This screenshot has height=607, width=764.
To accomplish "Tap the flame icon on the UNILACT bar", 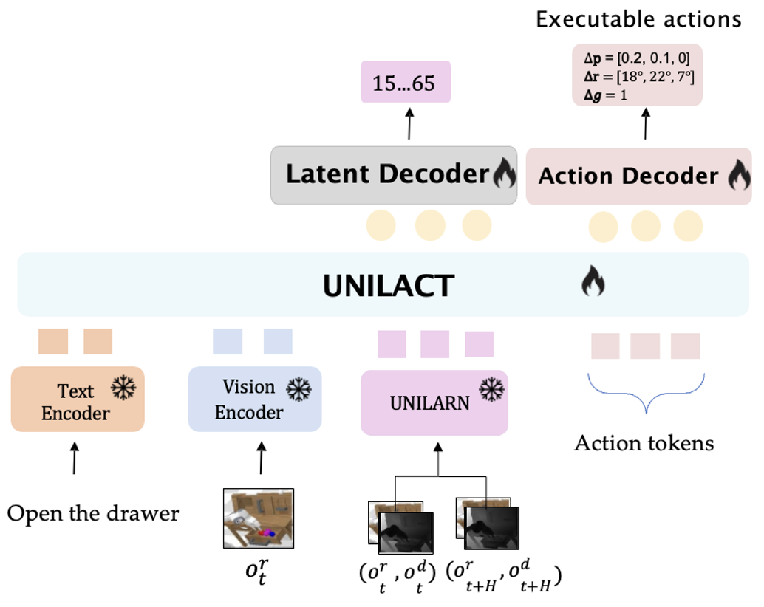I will (x=593, y=281).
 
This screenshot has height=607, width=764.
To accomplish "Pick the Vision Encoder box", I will (x=254, y=399).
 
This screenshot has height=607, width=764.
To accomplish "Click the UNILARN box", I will (x=434, y=403).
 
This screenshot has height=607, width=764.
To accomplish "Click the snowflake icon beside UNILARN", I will (x=491, y=388).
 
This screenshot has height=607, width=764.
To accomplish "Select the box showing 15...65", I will (x=405, y=83).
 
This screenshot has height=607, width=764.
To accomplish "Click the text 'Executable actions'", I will (x=638, y=19).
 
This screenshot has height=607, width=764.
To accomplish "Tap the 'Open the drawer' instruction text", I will (x=93, y=512).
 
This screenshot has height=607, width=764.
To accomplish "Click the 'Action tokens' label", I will (x=644, y=442).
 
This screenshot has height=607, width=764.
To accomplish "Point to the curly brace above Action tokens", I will (x=646, y=392).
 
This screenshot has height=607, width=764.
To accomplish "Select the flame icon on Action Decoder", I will (x=739, y=176).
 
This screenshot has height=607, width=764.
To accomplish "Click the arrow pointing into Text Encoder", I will (x=74, y=459).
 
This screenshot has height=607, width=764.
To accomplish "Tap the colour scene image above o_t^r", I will (x=259, y=518).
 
